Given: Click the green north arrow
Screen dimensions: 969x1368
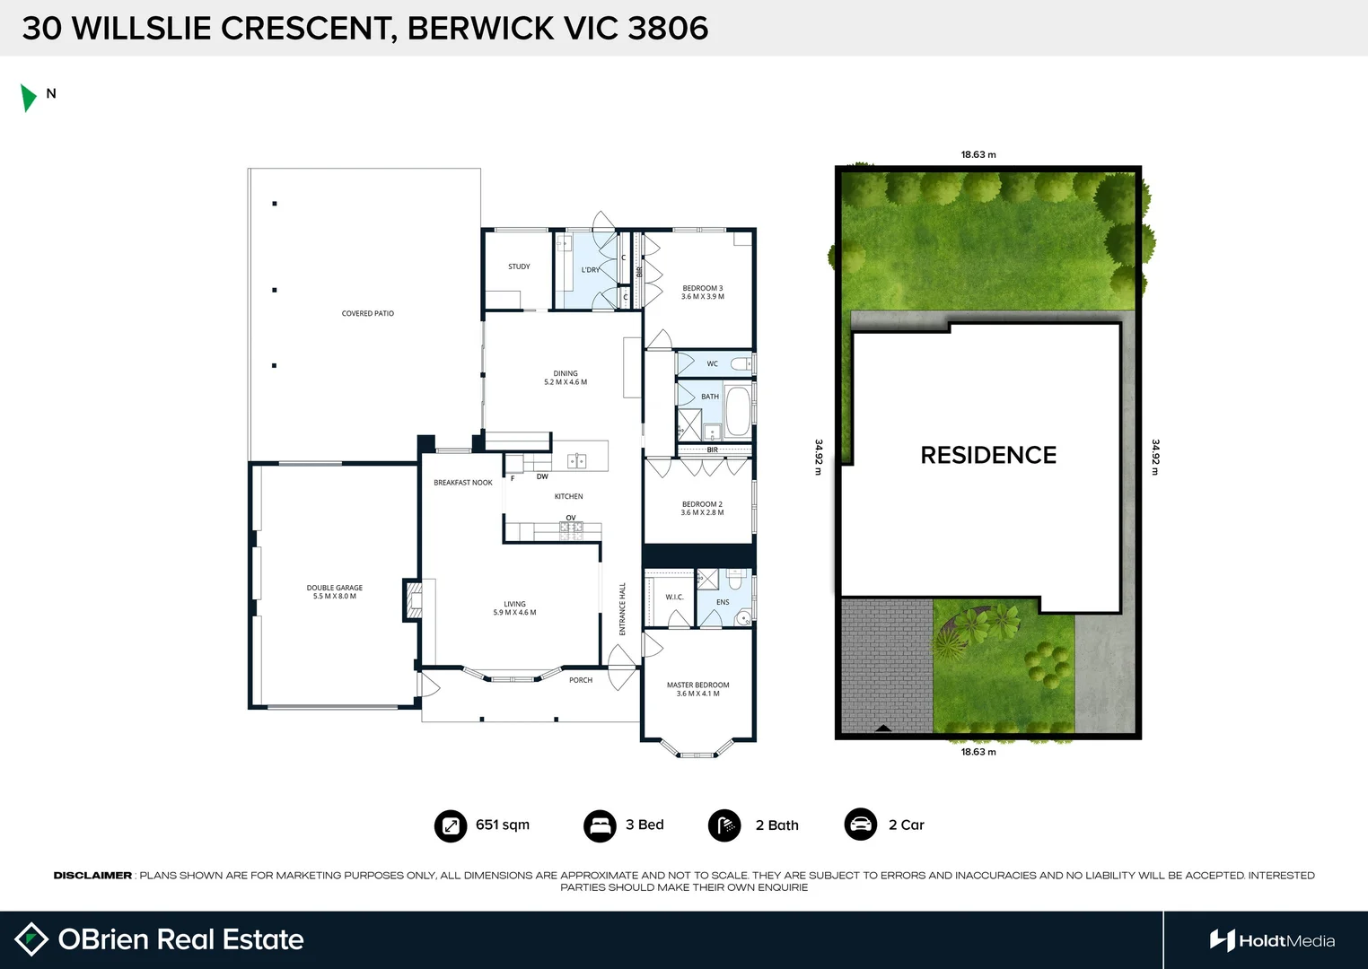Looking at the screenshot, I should (x=28, y=97).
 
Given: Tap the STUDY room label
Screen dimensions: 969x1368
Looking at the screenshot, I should (x=519, y=266).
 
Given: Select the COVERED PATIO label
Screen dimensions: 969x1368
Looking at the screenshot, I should (x=367, y=313).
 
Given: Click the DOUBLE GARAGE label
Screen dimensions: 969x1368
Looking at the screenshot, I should (x=334, y=592).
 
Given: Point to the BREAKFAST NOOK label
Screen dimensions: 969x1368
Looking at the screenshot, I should (x=462, y=483).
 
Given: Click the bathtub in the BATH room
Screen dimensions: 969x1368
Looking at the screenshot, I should (x=737, y=411).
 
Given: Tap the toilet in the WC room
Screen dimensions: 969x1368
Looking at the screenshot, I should (x=741, y=363).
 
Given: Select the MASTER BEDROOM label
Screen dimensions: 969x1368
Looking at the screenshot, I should (x=697, y=689).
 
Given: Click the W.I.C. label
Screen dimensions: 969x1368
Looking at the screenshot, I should (x=674, y=597).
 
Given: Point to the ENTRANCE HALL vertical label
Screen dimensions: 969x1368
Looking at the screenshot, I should (x=622, y=609).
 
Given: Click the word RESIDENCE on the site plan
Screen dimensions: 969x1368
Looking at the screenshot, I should (x=988, y=455).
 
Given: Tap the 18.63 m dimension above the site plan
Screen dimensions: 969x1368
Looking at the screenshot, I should (x=978, y=154).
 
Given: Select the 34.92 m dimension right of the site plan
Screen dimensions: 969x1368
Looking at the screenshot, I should (x=1155, y=457).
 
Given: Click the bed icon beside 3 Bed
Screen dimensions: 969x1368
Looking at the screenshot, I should (x=599, y=825).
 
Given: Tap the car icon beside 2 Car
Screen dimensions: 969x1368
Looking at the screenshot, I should (x=860, y=825).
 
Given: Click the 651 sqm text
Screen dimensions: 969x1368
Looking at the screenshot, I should (x=502, y=825).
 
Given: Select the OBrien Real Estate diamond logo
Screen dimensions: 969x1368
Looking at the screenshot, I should (x=31, y=939).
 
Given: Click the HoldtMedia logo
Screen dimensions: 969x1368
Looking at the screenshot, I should (x=1272, y=940).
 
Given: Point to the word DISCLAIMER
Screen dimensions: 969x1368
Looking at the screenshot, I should (x=92, y=875).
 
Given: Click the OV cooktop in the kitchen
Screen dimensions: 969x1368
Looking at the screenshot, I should (x=571, y=528).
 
